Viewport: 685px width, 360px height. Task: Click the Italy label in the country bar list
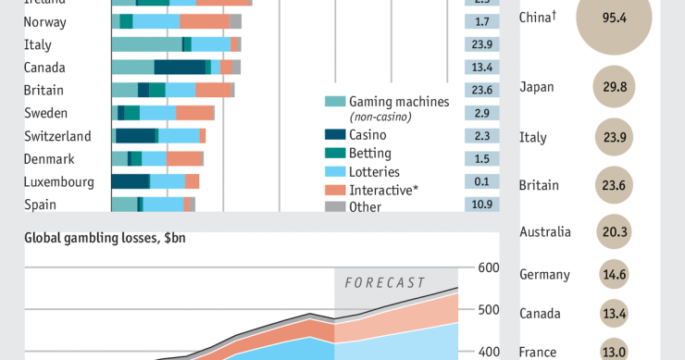pyautogui.click(x=38, y=44)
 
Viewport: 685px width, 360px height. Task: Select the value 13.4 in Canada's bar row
pyautogui.click(x=481, y=67)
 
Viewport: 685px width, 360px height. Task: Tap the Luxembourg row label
pyautogui.click(x=58, y=181)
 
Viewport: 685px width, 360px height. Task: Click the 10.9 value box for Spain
pyautogui.click(x=481, y=205)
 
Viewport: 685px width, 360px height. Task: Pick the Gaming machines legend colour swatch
pyautogui.click(x=335, y=102)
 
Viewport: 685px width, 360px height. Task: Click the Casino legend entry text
pyautogui.click(x=368, y=135)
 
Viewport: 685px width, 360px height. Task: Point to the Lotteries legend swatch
pyautogui.click(x=335, y=172)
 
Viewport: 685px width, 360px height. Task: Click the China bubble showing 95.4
pyautogui.click(x=614, y=18)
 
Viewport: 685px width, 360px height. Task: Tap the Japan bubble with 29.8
pyautogui.click(x=614, y=87)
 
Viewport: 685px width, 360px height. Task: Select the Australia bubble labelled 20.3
pyautogui.click(x=614, y=232)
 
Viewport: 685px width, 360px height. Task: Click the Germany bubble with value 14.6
pyautogui.click(x=614, y=275)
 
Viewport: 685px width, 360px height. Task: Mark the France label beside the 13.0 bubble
pyautogui.click(x=538, y=352)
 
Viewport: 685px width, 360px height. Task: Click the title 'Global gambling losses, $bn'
pyautogui.click(x=105, y=238)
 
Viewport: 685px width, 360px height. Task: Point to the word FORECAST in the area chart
pyautogui.click(x=385, y=282)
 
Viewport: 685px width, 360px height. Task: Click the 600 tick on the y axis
pyautogui.click(x=488, y=268)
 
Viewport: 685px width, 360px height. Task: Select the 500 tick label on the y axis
pyautogui.click(x=488, y=310)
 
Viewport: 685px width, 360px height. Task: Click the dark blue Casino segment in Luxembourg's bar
pyautogui.click(x=130, y=181)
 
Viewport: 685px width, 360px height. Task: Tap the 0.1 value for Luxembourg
pyautogui.click(x=481, y=181)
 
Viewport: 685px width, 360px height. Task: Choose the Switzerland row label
pyautogui.click(x=57, y=136)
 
